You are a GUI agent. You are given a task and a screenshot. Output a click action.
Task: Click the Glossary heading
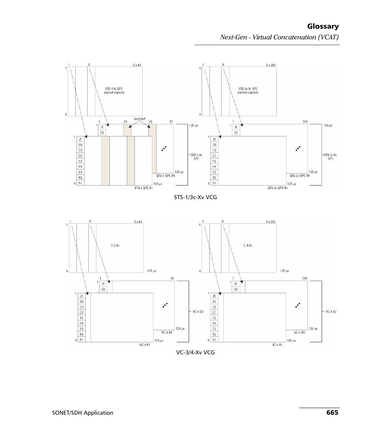[x=323, y=26]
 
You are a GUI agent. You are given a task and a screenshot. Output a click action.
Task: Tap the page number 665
[x=332, y=412]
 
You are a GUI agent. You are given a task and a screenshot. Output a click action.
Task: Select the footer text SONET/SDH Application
[x=83, y=413]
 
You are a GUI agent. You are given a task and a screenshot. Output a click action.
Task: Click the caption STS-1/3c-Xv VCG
[x=195, y=197]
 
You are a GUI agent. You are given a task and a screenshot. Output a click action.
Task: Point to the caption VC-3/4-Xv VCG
[x=195, y=352]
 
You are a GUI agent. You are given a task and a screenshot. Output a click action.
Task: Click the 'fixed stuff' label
[x=139, y=119]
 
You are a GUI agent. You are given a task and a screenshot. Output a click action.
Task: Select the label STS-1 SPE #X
[x=166, y=176]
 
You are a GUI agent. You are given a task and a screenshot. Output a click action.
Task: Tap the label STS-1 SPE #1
[x=143, y=188]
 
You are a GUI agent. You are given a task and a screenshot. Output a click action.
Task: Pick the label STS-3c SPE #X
[x=299, y=176]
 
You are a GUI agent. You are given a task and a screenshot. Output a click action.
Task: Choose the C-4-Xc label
[x=248, y=245]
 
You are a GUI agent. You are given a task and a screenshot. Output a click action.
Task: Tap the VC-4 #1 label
[x=277, y=344]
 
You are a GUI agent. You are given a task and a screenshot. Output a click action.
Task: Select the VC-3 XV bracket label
[x=198, y=312]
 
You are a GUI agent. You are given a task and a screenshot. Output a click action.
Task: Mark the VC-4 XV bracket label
[x=331, y=312]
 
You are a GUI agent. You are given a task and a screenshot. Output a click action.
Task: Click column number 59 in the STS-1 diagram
[x=150, y=122]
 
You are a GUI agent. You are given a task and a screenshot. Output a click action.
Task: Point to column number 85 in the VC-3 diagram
[x=172, y=279]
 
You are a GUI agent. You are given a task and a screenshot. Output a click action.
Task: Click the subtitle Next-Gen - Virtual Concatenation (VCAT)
[x=279, y=37]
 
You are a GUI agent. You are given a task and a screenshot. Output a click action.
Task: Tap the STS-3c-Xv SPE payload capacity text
[x=248, y=91]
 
